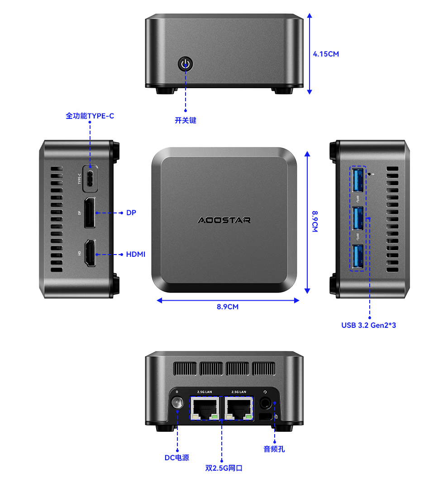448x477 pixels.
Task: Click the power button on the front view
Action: point(186,64)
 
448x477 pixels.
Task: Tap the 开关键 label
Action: point(186,121)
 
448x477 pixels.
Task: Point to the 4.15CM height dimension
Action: point(326,54)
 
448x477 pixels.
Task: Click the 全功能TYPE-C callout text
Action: point(90,116)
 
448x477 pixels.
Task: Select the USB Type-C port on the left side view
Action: point(90,179)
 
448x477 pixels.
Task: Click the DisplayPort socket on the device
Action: point(90,213)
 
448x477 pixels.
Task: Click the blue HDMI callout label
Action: point(135,255)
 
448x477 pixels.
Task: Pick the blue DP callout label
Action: point(131,213)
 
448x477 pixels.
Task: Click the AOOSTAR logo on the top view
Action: point(224,220)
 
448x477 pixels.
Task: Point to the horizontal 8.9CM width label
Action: point(228,307)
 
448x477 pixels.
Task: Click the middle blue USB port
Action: point(357,218)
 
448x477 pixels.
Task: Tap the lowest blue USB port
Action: point(357,257)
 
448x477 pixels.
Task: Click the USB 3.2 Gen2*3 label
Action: point(368,325)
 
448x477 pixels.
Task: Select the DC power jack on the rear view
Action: point(177,402)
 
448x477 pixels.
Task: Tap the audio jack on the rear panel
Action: point(266,402)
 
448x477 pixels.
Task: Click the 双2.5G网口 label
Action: point(224,468)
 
